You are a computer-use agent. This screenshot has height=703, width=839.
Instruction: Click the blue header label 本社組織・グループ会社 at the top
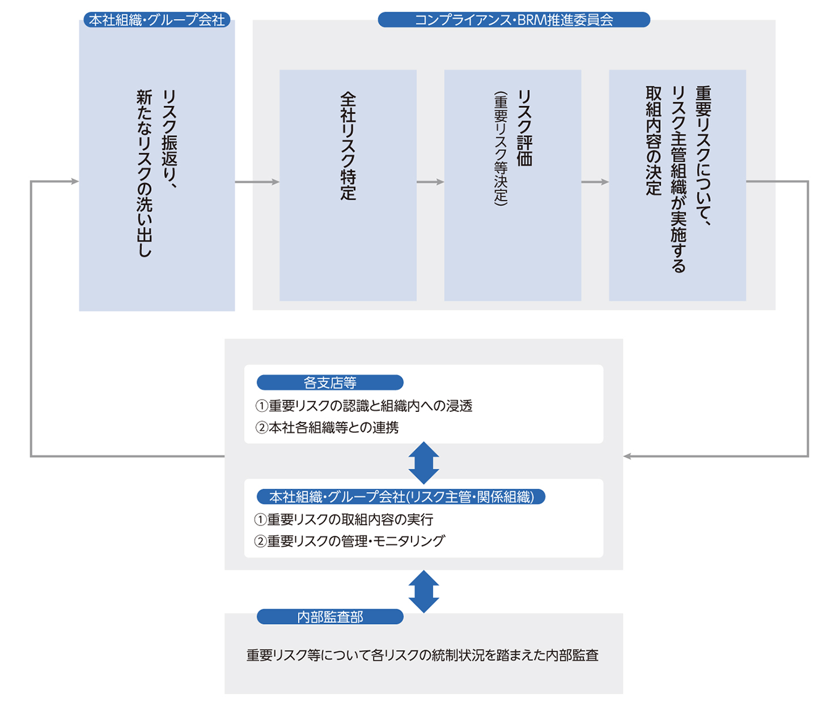(x=157, y=20)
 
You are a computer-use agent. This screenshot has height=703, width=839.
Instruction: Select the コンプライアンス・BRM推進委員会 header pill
(x=514, y=20)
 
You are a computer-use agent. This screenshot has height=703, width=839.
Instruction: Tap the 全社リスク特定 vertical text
(x=349, y=146)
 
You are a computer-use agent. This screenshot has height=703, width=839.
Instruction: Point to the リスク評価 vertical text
(x=525, y=128)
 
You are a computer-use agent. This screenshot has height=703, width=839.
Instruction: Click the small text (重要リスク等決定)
(x=500, y=149)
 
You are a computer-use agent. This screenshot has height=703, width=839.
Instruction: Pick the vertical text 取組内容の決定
(x=653, y=141)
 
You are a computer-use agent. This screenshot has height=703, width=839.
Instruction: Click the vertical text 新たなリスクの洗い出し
(x=144, y=173)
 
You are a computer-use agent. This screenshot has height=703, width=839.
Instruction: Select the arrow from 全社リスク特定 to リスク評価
(x=430, y=182)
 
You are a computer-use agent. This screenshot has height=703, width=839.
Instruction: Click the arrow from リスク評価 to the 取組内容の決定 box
(x=595, y=182)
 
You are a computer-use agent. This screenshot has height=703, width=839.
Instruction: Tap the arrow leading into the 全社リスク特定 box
(x=257, y=182)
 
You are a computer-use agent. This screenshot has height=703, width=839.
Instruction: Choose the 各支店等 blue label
(x=330, y=383)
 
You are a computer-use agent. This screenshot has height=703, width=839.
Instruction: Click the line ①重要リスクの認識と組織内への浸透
(x=364, y=406)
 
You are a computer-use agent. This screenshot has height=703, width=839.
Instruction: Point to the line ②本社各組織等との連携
(x=327, y=427)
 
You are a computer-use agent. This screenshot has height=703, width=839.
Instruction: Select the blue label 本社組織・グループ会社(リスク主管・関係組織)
(x=401, y=497)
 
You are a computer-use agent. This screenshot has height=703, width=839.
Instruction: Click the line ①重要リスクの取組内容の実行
(x=344, y=519)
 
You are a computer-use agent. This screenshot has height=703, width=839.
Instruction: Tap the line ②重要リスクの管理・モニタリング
(x=350, y=541)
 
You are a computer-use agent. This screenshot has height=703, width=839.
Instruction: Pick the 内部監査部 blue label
(x=330, y=617)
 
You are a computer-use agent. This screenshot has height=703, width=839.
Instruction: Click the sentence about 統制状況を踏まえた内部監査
(x=423, y=655)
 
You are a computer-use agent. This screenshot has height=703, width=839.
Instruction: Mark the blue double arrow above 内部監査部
(x=424, y=591)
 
